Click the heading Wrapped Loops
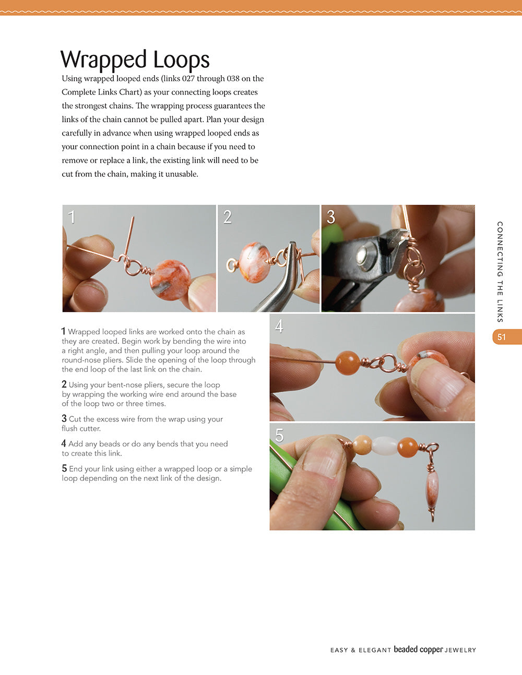pos(135,59)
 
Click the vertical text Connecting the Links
pos(500,271)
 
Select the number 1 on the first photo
pos(72,217)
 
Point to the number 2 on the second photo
pos(227,217)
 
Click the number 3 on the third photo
pos(331,217)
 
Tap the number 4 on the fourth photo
pos(279,327)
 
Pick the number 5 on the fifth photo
pos(279,436)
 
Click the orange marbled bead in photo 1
pos(170,280)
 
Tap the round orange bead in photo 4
pos(347,363)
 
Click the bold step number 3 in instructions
pos(64,419)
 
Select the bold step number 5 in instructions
pos(64,469)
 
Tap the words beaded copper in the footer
pos(418,649)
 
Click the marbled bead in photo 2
pos(254,264)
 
